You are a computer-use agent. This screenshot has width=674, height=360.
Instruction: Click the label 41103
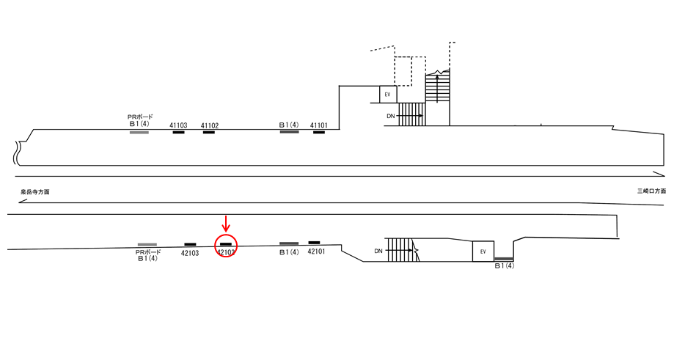(178, 125)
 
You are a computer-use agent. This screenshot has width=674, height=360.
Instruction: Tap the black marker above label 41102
(209, 132)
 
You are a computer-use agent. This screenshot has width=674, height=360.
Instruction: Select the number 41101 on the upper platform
(320, 125)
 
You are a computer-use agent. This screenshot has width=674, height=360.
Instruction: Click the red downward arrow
(226, 222)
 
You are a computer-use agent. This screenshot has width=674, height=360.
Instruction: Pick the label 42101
(315, 251)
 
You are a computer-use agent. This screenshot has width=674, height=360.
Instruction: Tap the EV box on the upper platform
(388, 95)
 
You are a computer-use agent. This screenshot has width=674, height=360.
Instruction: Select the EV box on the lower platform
(483, 251)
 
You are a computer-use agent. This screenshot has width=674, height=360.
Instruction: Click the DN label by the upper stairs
(390, 116)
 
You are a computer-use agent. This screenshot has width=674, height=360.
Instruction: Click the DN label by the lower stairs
(378, 251)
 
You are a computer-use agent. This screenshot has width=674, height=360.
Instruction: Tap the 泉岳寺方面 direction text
(35, 191)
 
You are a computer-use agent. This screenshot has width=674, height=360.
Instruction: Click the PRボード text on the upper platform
(139, 117)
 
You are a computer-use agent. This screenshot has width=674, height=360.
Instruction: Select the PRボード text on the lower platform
(147, 251)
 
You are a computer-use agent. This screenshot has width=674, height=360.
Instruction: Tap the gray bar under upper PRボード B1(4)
(139, 132)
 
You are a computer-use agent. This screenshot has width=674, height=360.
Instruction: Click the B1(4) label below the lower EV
(504, 266)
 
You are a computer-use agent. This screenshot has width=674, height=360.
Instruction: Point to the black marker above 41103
(178, 132)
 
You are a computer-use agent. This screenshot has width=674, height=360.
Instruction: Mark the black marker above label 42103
(190, 244)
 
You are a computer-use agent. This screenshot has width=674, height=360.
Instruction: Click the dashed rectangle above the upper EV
(403, 70)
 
